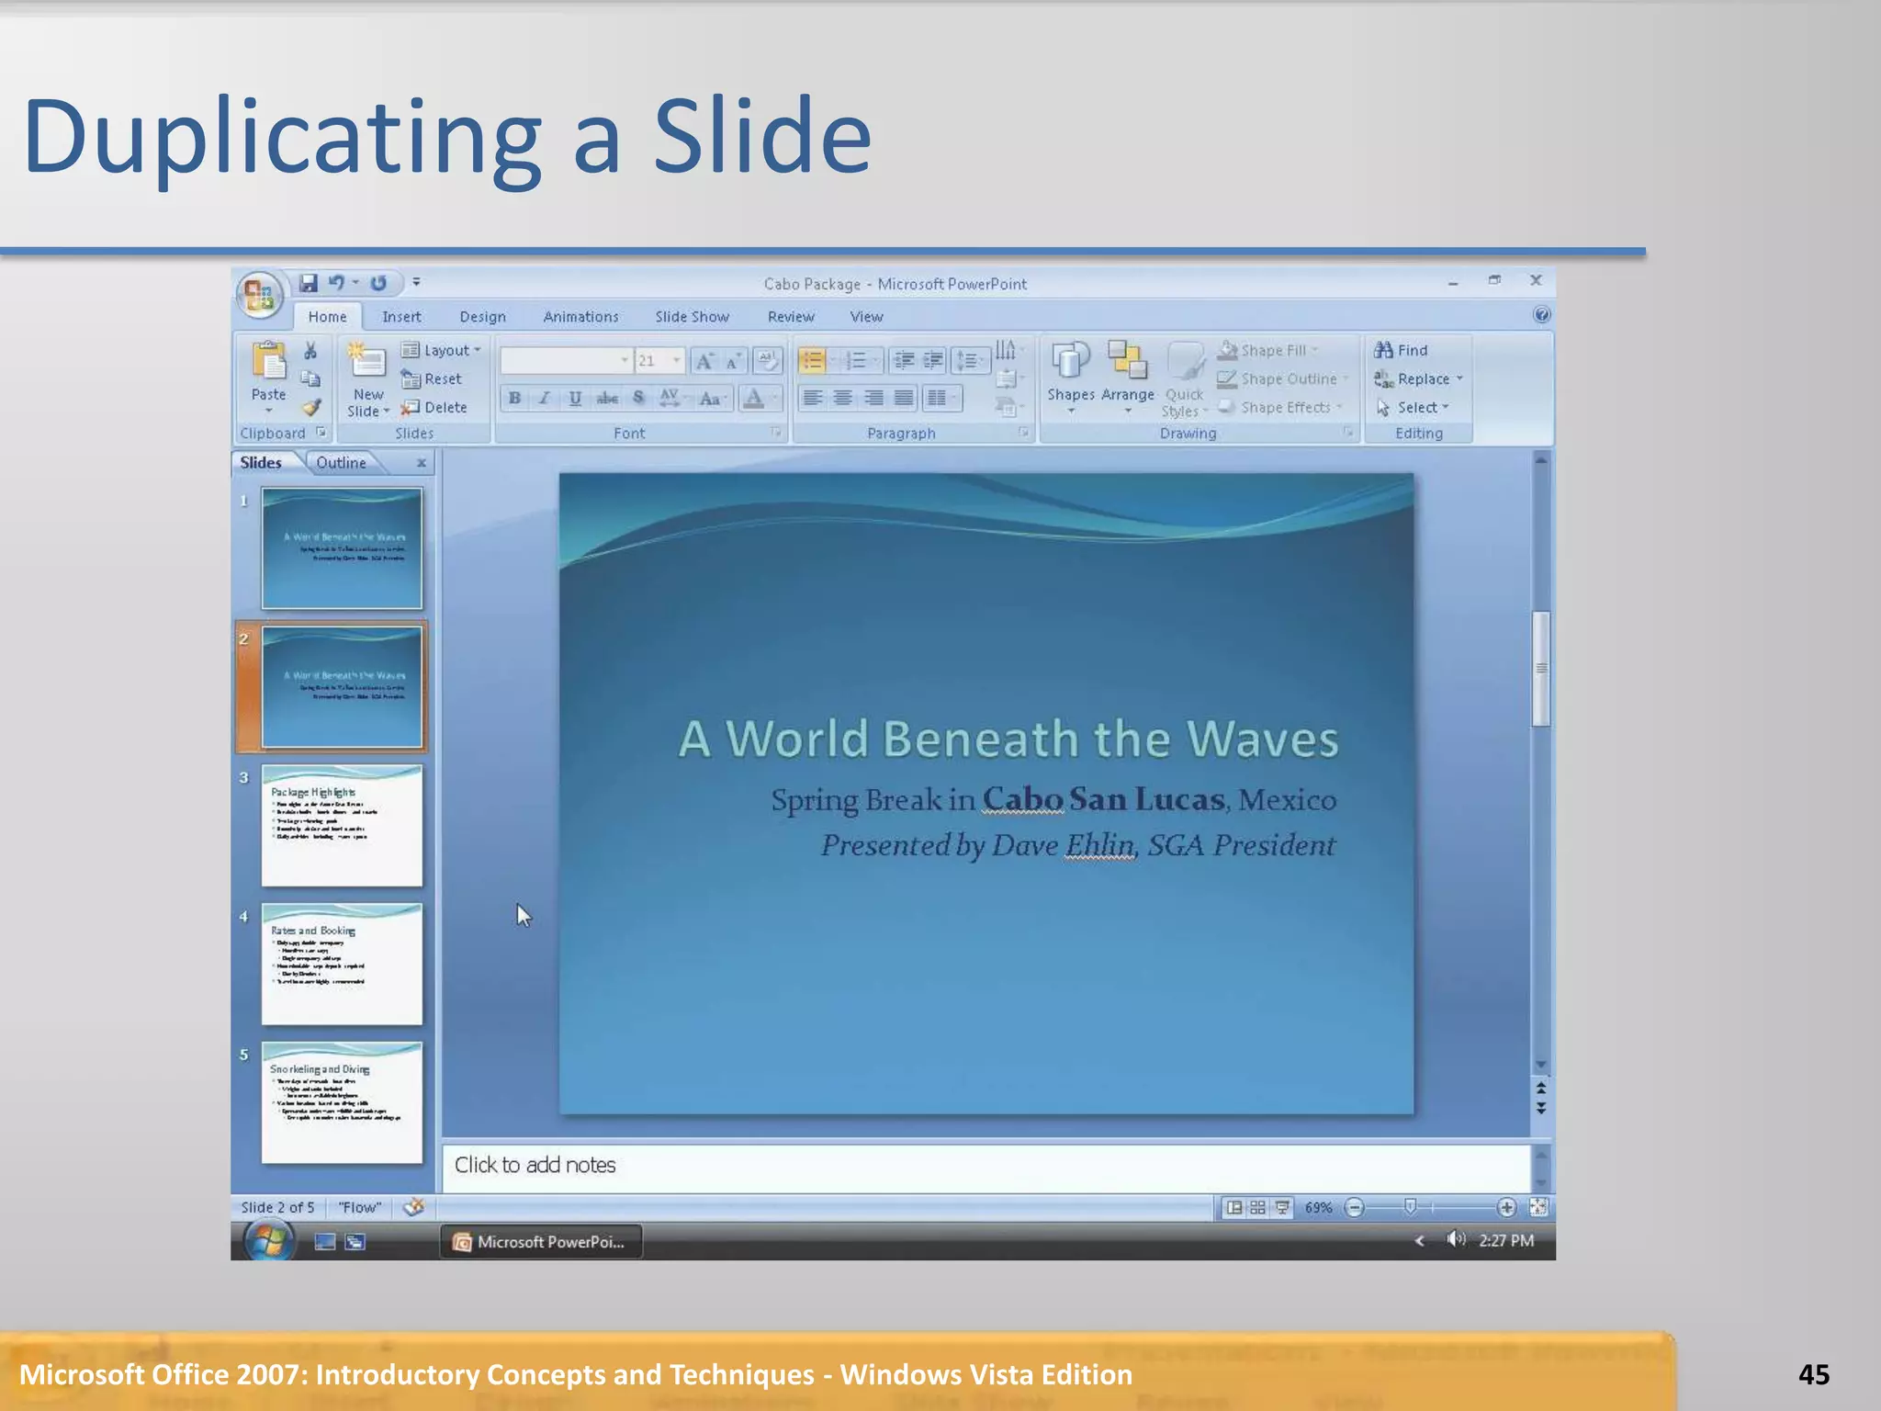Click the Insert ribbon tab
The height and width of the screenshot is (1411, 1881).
click(x=401, y=317)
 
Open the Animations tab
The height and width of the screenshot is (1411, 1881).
click(x=580, y=317)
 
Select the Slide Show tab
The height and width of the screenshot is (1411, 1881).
click(x=692, y=317)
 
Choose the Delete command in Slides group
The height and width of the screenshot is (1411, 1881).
click(x=436, y=407)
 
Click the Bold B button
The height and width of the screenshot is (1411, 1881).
click(x=514, y=398)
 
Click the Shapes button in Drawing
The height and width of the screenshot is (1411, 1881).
click(x=1070, y=377)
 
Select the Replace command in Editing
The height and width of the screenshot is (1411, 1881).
click(x=1422, y=378)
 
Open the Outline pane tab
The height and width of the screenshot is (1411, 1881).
click(x=341, y=463)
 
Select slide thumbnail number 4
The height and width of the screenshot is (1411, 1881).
click(x=342, y=964)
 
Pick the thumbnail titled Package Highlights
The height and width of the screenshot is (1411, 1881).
click(x=342, y=826)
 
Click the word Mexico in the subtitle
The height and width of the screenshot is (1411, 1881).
click(x=1287, y=800)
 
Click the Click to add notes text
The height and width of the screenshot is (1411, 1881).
click(x=535, y=1165)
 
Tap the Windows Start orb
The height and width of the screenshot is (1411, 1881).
click(x=268, y=1241)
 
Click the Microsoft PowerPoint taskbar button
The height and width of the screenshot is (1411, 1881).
click(x=541, y=1242)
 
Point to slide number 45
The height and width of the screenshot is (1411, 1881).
click(x=1813, y=1374)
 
